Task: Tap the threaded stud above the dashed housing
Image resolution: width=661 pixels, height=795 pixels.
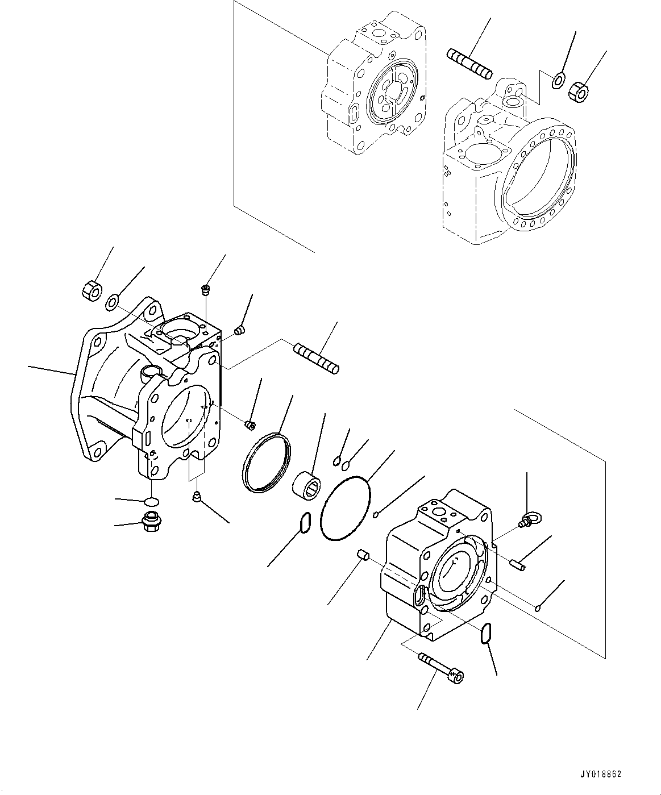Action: [x=469, y=64]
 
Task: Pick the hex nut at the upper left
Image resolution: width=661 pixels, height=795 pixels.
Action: [x=90, y=289]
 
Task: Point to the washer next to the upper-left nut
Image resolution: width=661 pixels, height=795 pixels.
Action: [x=112, y=302]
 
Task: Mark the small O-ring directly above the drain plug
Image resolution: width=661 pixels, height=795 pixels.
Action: [x=151, y=501]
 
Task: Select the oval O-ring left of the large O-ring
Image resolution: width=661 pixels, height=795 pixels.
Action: [x=305, y=523]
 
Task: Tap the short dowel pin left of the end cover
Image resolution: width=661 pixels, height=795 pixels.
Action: [x=364, y=555]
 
